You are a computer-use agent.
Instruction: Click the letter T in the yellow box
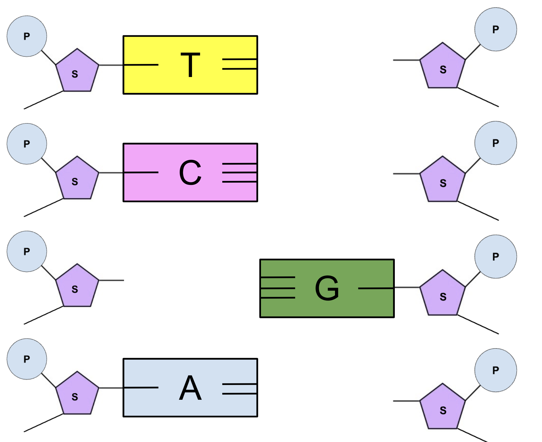(190, 65)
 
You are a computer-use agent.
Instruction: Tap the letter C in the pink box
(190, 172)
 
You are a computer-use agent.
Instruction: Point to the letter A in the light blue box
(190, 387)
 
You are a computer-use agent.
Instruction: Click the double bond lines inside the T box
(239, 64)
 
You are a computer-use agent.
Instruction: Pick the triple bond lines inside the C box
(239, 173)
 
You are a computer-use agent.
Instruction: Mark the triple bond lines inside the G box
(278, 287)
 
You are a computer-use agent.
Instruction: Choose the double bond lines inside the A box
(239, 389)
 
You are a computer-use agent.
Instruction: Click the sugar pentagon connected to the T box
(77, 71)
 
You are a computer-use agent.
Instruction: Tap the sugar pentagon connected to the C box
(77, 178)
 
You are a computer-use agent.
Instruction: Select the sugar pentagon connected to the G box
(442, 293)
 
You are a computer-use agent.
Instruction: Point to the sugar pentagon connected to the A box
(77, 394)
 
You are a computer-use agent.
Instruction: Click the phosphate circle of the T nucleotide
(27, 36)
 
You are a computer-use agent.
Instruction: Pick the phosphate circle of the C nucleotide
(27, 144)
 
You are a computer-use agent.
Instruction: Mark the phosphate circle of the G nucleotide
(496, 256)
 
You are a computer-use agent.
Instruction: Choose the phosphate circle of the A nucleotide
(27, 359)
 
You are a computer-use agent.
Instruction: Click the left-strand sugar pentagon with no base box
(77, 286)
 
